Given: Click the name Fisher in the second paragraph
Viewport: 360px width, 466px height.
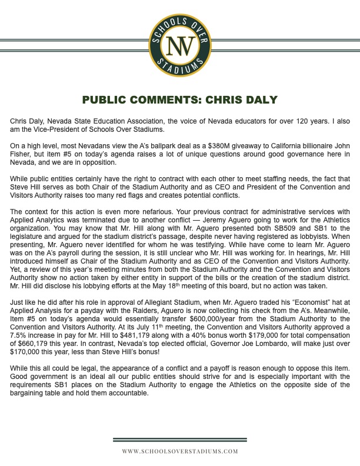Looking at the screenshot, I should coord(21,150).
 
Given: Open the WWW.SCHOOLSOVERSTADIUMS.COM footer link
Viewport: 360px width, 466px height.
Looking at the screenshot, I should coord(180,451).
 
